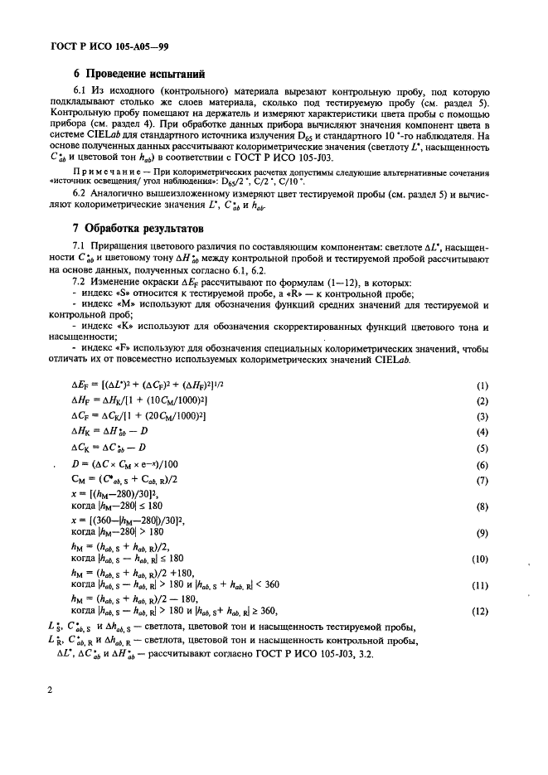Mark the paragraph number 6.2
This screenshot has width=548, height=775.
(81, 206)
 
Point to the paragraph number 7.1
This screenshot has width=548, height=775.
(81, 246)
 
